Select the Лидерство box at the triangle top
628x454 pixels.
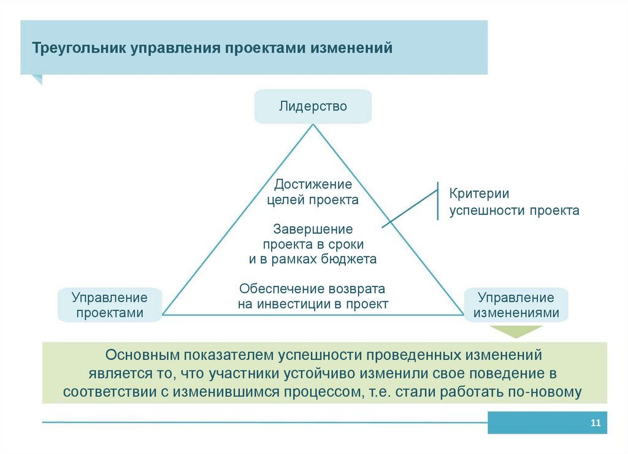tap(313, 106)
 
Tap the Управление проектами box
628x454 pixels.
tap(109, 305)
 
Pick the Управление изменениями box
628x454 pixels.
tap(516, 305)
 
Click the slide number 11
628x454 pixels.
tap(594, 423)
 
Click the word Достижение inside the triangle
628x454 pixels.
tap(313, 184)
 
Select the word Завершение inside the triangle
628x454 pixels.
tap(313, 229)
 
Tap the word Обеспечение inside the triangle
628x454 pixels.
tap(274, 288)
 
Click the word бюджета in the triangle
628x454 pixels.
tap(348, 259)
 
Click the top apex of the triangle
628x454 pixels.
tap(313, 125)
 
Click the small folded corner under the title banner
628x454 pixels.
tap(37, 79)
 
